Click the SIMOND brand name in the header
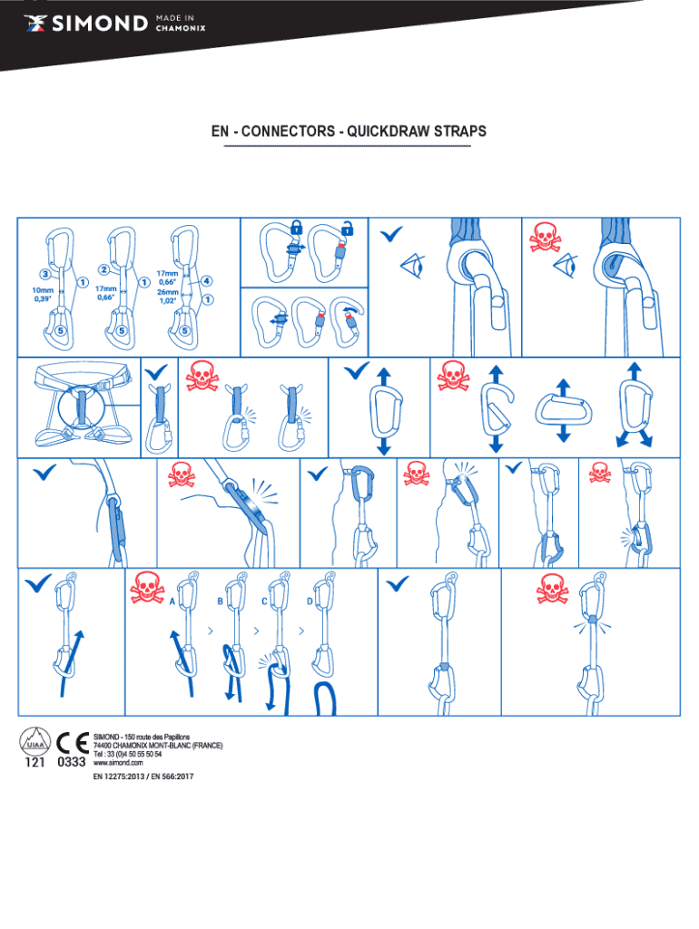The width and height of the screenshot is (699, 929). tap(100, 23)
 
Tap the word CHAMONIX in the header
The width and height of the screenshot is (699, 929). tap(181, 28)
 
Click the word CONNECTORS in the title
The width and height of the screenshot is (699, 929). tap(288, 131)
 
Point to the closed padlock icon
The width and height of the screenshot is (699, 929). tap(297, 226)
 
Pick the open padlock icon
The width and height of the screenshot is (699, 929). tap(348, 228)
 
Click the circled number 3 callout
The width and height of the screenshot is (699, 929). tap(45, 274)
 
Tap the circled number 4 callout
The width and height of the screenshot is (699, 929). tap(206, 281)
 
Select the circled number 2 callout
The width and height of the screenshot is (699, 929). tap(103, 269)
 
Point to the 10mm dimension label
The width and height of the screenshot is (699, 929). tap(43, 290)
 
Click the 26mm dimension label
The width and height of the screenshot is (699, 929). tap(168, 292)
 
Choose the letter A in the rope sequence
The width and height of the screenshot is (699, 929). tap(172, 601)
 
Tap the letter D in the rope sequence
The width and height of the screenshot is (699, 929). tap(310, 601)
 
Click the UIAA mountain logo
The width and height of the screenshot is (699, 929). tap(35, 741)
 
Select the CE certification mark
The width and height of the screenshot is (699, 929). tap(73, 743)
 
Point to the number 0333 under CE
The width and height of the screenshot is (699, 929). tap(72, 762)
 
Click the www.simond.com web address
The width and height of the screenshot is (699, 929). tap(118, 762)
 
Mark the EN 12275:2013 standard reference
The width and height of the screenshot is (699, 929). tap(119, 777)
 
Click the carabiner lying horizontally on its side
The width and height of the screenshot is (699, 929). tap(564, 411)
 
